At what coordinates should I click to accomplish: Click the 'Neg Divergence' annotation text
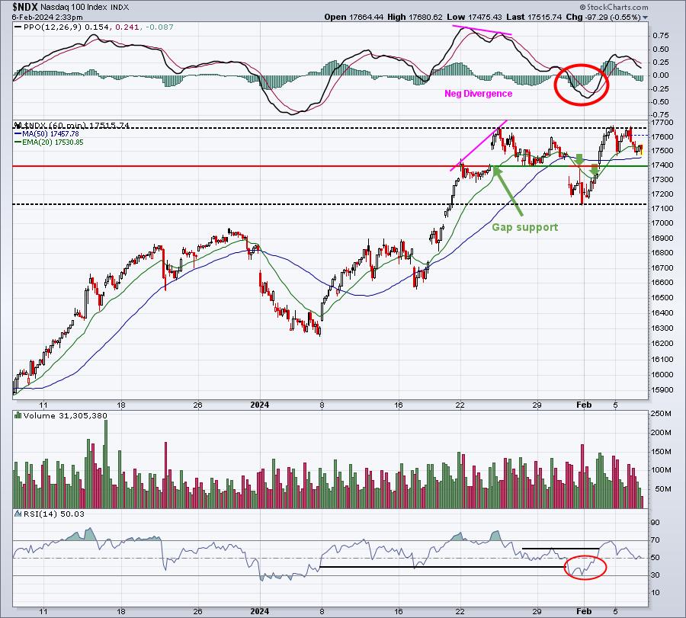[478, 94]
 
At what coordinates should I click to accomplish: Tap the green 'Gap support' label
[525, 227]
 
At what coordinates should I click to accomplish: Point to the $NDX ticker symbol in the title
[25, 7]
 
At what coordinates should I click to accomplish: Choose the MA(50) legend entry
[46, 134]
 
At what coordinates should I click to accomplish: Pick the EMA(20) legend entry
[49, 142]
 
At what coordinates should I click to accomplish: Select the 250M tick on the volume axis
[661, 413]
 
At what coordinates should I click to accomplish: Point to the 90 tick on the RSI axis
[655, 523]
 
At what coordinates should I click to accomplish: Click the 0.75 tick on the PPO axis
[660, 35]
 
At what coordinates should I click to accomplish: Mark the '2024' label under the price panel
[259, 405]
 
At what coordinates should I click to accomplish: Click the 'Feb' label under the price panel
[584, 405]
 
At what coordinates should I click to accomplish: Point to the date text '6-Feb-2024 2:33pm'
[47, 17]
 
